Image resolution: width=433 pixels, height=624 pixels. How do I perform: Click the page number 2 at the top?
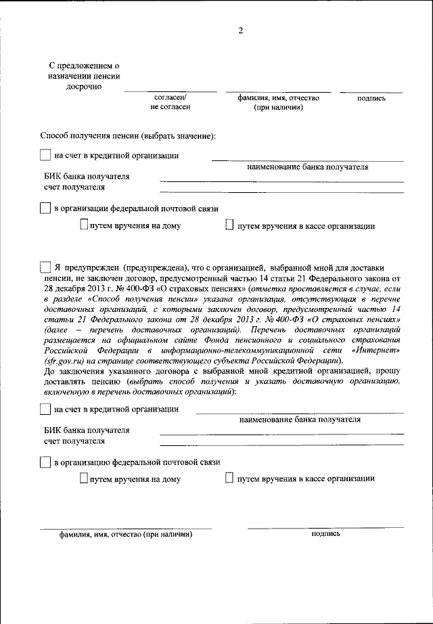click(x=240, y=29)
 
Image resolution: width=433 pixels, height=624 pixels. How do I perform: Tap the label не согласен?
click(x=170, y=107)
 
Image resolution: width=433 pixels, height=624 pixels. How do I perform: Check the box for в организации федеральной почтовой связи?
click(x=45, y=208)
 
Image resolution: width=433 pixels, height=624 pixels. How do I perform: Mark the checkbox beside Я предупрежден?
click(x=45, y=267)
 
